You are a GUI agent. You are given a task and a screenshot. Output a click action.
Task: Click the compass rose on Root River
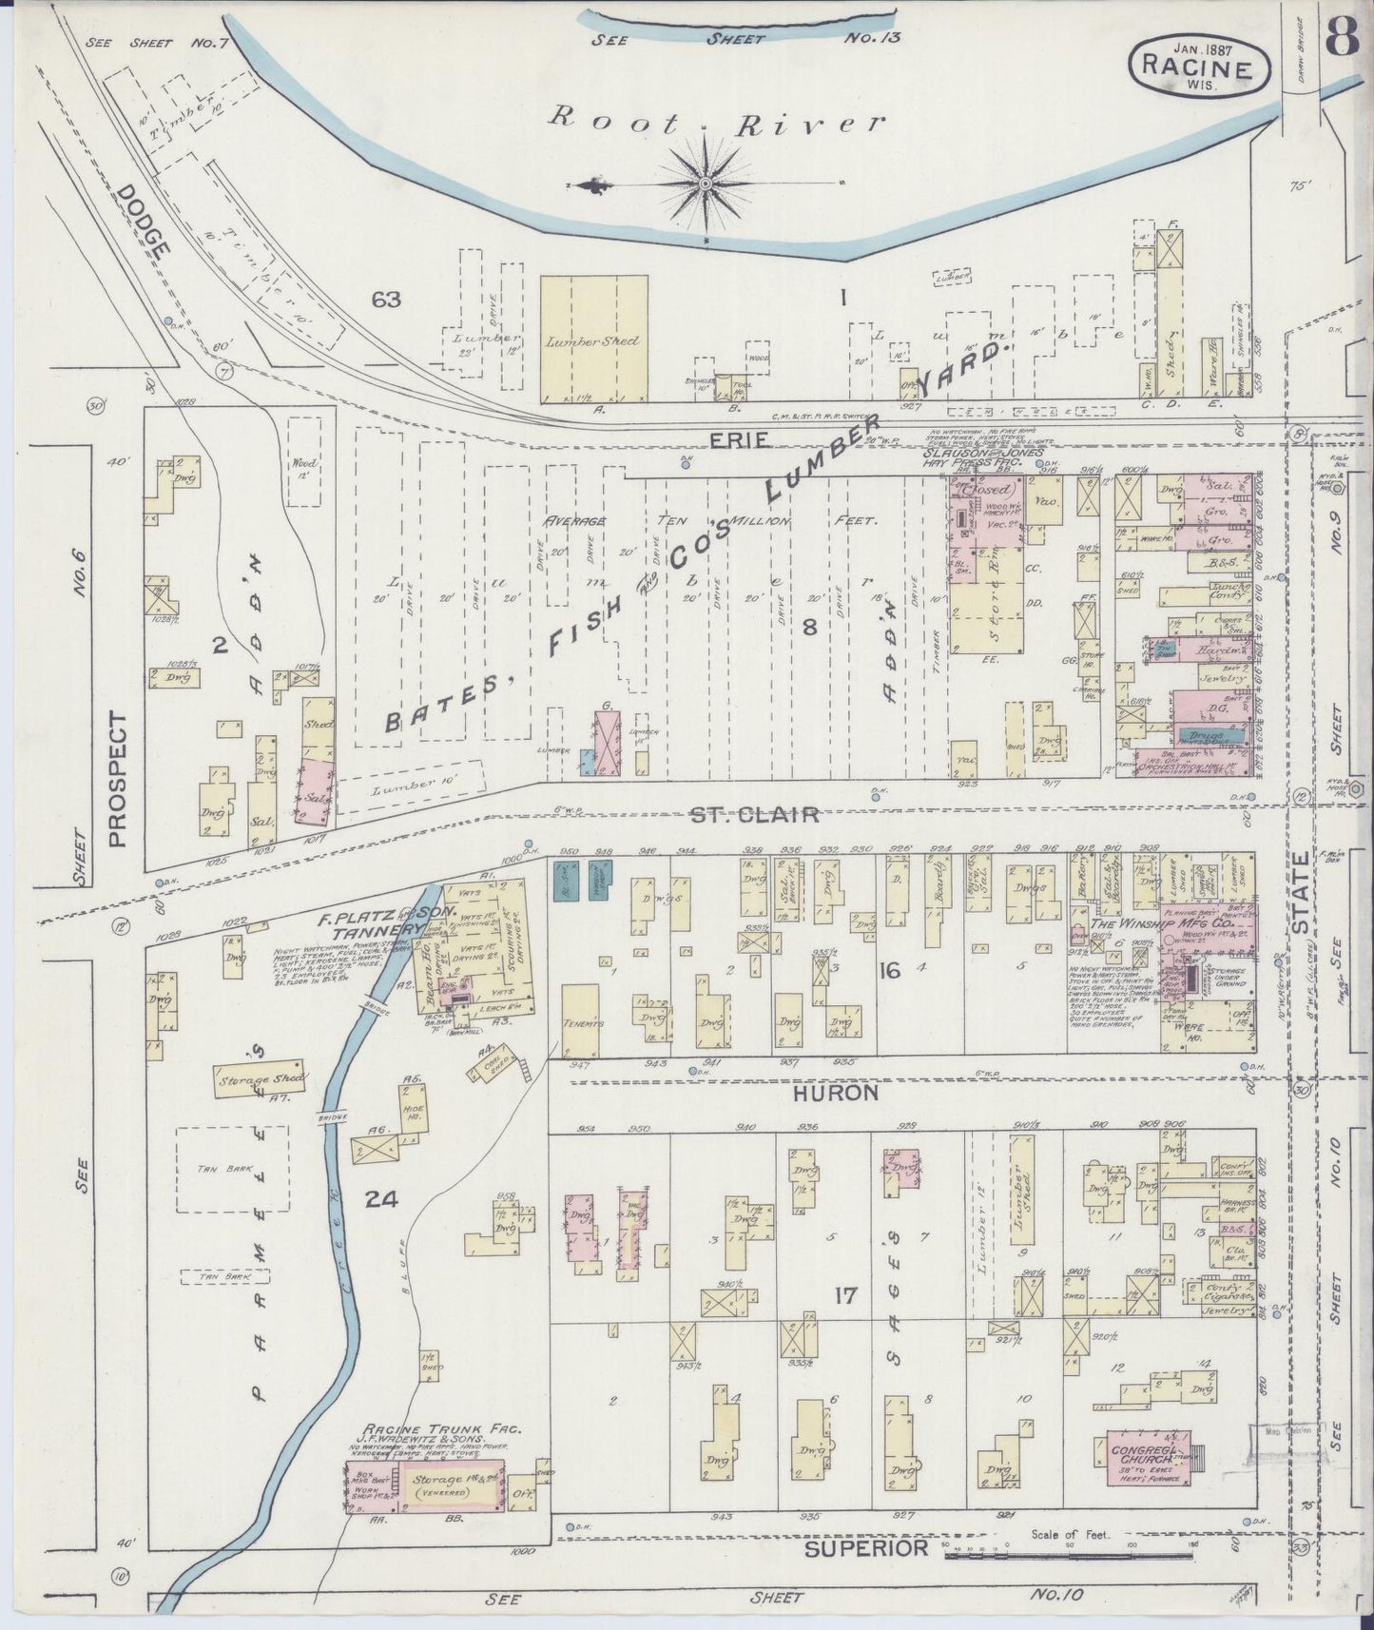click(x=706, y=183)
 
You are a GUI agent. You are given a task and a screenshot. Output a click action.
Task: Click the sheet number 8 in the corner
click(x=1342, y=38)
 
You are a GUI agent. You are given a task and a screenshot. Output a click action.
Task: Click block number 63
click(x=385, y=301)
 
